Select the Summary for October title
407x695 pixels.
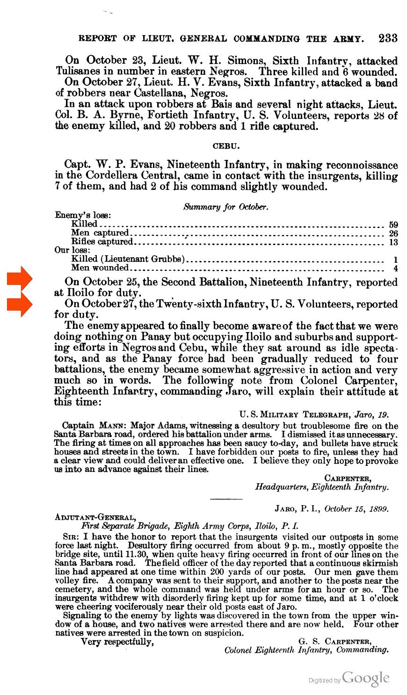(x=226, y=206)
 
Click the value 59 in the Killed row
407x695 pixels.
(x=393, y=224)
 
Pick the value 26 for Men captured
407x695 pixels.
(x=393, y=233)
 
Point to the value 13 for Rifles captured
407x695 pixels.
(x=393, y=242)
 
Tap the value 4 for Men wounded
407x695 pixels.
(x=395, y=268)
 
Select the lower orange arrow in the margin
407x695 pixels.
(x=19, y=304)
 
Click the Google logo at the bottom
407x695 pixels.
(x=365, y=678)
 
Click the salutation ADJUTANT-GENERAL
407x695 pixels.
(x=95, y=517)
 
